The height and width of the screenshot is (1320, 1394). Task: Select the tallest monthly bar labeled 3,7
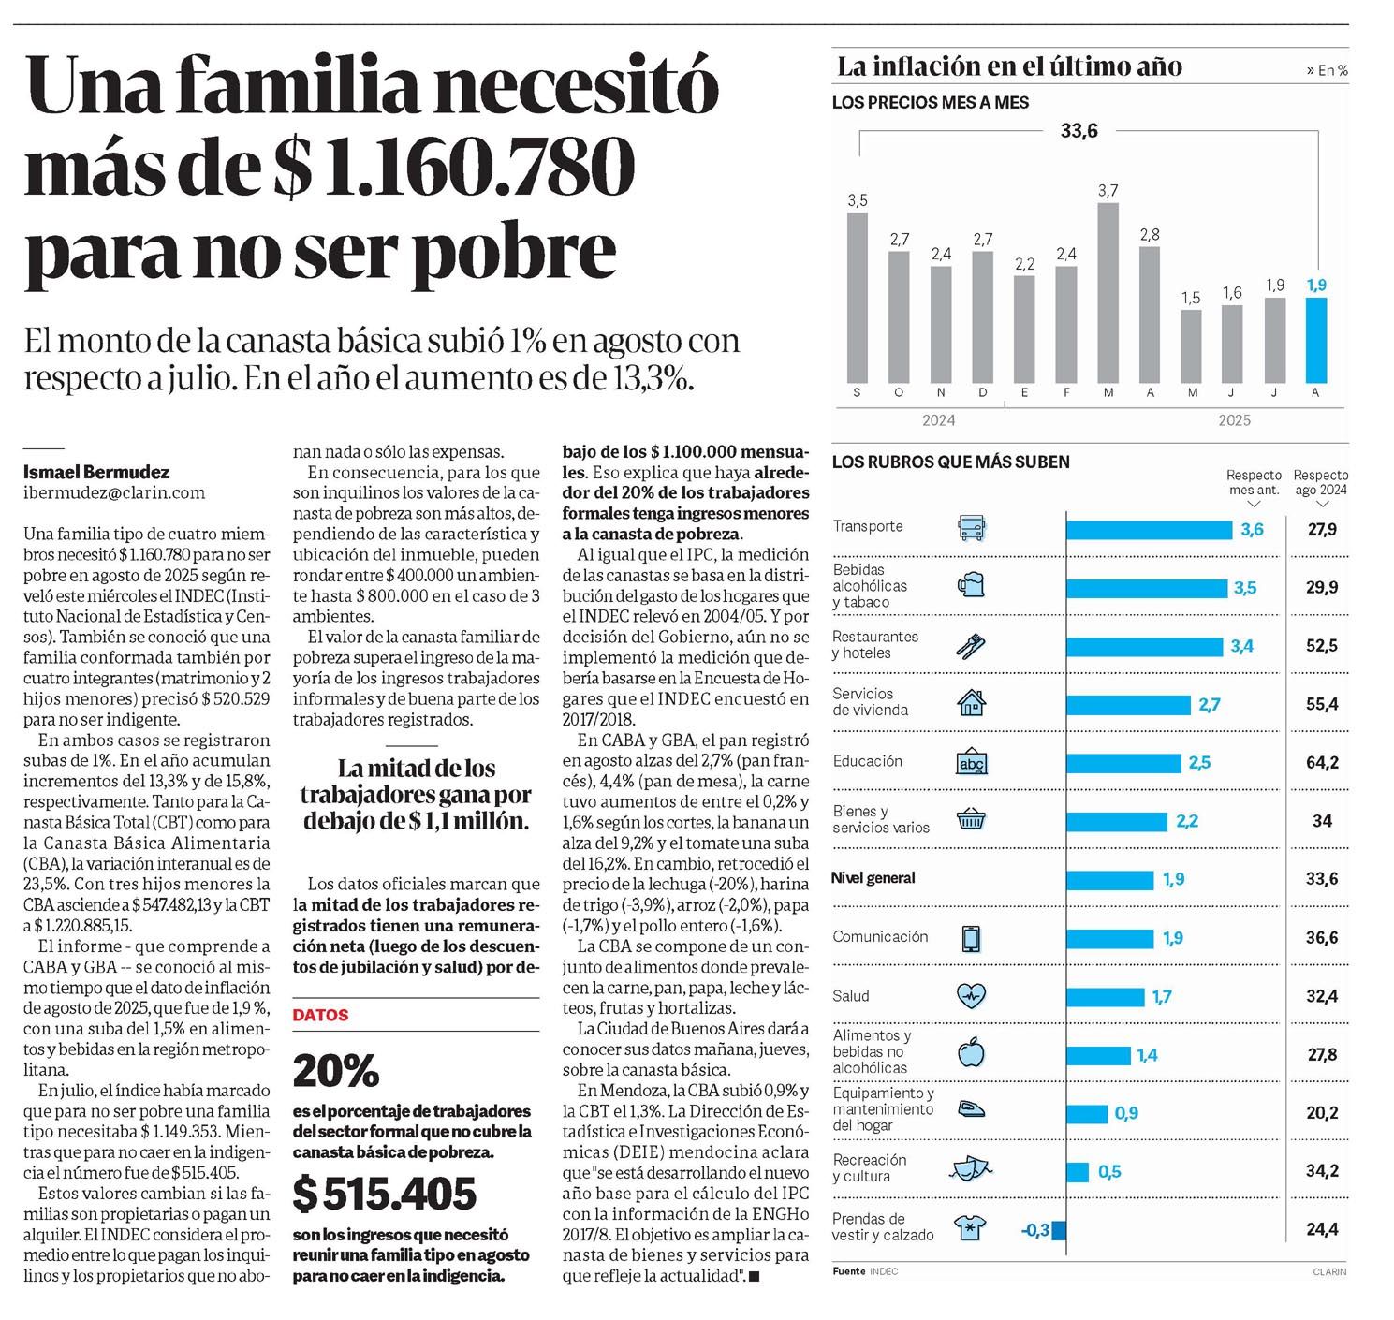(1108, 292)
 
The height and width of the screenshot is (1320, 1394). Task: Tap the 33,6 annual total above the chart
(1079, 131)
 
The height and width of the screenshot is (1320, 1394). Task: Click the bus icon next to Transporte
(972, 528)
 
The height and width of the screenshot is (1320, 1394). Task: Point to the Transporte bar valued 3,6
(1149, 530)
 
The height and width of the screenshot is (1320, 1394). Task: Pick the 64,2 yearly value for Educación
(1322, 763)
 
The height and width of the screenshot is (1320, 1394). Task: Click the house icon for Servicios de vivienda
(972, 703)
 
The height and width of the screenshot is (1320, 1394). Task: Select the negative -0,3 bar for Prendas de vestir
(1059, 1230)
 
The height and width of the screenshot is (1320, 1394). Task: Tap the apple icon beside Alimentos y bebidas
(972, 1054)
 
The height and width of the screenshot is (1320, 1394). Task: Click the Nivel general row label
(873, 878)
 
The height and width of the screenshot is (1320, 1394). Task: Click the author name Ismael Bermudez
(96, 472)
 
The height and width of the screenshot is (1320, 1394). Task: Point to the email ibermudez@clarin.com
(114, 492)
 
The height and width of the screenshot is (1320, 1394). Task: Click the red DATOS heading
(320, 1015)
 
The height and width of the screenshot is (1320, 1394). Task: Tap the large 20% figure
(336, 1069)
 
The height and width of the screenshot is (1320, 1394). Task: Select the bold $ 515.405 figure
(385, 1194)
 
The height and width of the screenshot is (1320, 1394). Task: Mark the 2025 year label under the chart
(1234, 420)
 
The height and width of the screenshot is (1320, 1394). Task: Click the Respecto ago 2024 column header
(1321, 482)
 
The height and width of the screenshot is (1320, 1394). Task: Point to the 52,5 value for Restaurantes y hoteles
(1322, 646)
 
